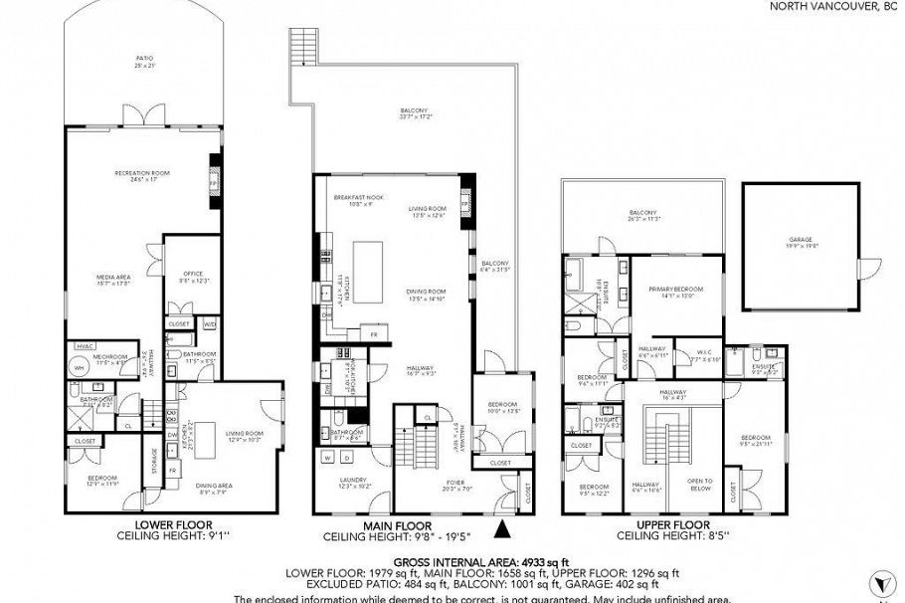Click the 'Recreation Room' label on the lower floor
pyautogui.click(x=141, y=173)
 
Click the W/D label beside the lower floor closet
pyautogui.click(x=209, y=324)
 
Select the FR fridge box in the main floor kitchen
pyautogui.click(x=373, y=334)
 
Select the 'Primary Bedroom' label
pyautogui.click(x=676, y=290)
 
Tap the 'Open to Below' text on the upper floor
pyautogui.click(x=700, y=485)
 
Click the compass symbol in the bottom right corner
pyautogui.click(x=879, y=581)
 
